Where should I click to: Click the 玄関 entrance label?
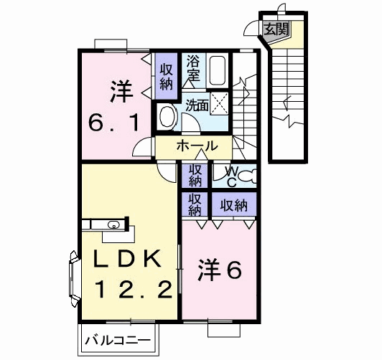click(276, 29)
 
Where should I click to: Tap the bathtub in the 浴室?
click(218, 70)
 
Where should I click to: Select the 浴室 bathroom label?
click(193, 68)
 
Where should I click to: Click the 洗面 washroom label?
click(197, 105)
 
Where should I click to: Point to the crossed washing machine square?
click(219, 103)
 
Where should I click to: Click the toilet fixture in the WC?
click(247, 176)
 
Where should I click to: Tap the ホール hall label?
click(197, 146)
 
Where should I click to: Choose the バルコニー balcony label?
click(118, 340)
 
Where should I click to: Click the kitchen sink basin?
click(113, 224)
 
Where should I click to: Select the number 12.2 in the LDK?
click(134, 289)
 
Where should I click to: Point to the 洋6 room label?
click(220, 270)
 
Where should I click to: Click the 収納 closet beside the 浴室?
click(166, 76)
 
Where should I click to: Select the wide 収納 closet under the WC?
click(234, 204)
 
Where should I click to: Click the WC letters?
click(232, 176)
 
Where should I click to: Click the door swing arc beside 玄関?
click(251, 29)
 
